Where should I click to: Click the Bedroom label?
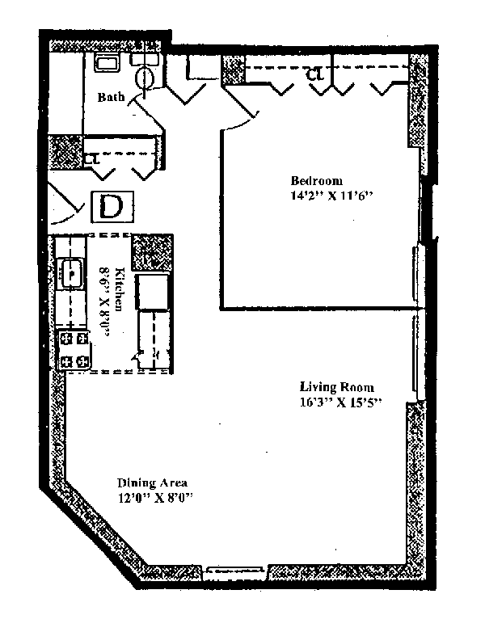pyautogui.click(x=317, y=180)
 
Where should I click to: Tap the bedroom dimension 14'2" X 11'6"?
pyautogui.click(x=330, y=196)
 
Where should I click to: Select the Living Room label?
pyautogui.click(x=336, y=387)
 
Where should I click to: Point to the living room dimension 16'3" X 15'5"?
pyautogui.click(x=340, y=402)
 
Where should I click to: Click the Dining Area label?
pyautogui.click(x=152, y=482)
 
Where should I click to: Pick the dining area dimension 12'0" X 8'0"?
pyautogui.click(x=156, y=498)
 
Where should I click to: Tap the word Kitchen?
pyautogui.click(x=120, y=289)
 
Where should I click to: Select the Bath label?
pyautogui.click(x=112, y=97)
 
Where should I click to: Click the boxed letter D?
pyautogui.click(x=112, y=206)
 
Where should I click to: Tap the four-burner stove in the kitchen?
pyautogui.click(x=74, y=349)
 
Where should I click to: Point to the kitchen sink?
pyautogui.click(x=71, y=273)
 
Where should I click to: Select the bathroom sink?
pyautogui.click(x=107, y=62)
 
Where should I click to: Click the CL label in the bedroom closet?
pyautogui.click(x=315, y=74)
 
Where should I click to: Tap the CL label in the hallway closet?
pyautogui.click(x=92, y=158)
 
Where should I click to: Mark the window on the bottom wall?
pyautogui.click(x=234, y=572)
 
